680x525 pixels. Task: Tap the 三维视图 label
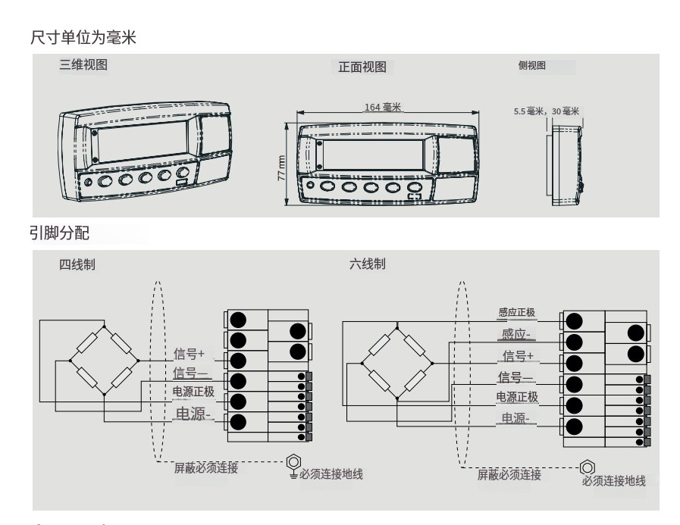[83, 65]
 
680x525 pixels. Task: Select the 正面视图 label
[362, 67]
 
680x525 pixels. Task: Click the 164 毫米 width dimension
[383, 108]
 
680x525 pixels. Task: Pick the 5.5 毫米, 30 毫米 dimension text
[546, 111]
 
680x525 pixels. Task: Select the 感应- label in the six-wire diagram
[517, 335]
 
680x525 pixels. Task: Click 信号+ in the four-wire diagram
[190, 352]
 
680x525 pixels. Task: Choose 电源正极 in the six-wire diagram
[517, 396]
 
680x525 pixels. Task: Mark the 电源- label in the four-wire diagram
[193, 414]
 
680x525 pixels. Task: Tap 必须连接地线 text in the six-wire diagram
[613, 482]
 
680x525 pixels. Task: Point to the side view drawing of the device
[565, 162]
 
